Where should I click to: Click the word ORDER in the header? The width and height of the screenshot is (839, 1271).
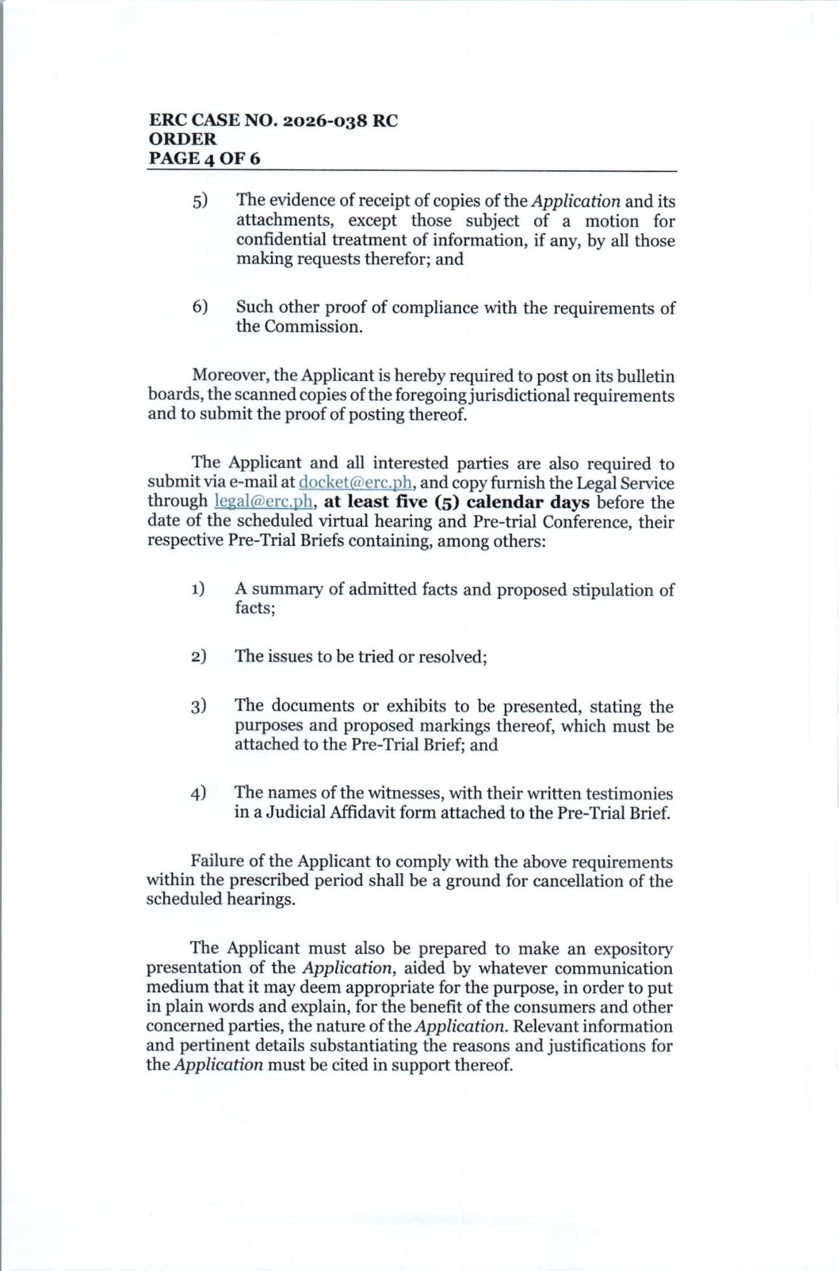point(182,139)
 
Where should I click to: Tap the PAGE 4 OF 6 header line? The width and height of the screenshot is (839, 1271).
point(204,158)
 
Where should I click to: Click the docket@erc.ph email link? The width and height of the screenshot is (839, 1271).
point(356,482)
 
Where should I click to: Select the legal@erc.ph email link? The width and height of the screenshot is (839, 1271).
point(264,501)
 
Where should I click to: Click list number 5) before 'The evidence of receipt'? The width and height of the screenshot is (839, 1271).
point(200,201)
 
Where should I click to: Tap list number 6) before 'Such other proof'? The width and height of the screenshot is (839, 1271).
point(200,307)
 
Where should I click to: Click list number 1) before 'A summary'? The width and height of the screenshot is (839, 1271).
point(198,589)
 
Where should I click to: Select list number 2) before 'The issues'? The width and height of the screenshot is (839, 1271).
point(198,656)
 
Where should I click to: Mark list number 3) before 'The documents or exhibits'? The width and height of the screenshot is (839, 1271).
point(198,706)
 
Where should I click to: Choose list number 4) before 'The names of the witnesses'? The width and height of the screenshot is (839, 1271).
point(198,793)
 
